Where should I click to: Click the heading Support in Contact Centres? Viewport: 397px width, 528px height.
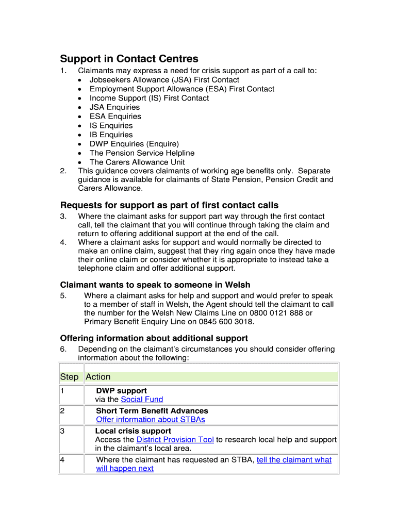click(x=129, y=59)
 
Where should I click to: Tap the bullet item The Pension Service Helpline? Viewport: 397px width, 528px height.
click(x=142, y=153)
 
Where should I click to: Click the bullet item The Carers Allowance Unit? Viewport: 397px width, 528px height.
click(x=137, y=162)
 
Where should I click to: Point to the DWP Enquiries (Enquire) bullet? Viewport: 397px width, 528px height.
click(x=134, y=144)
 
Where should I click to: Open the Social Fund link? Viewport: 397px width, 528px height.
click(x=142, y=399)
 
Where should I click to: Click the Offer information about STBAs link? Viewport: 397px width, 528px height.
click(x=151, y=419)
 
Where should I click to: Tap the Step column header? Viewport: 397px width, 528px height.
click(x=69, y=377)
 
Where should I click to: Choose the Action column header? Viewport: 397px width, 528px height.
click(x=98, y=377)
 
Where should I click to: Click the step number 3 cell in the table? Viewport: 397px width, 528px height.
click(x=62, y=431)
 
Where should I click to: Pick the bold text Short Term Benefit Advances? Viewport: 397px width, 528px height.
click(x=152, y=410)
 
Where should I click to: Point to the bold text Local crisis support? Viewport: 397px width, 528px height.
click(x=133, y=431)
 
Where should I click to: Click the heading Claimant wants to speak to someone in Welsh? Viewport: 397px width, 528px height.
click(x=155, y=285)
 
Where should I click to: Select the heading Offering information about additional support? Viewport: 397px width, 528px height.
click(x=154, y=338)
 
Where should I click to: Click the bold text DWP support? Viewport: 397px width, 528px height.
click(x=121, y=390)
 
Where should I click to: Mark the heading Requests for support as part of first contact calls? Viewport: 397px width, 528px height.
click(x=169, y=205)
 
